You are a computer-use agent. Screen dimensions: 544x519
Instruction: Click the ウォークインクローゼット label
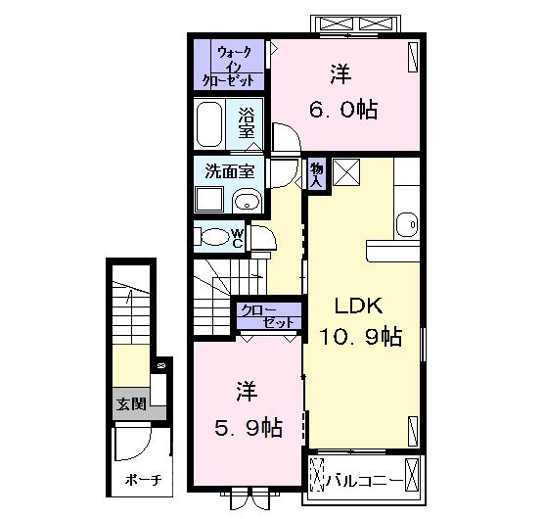228,67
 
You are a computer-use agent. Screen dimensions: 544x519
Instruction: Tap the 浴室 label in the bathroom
246,122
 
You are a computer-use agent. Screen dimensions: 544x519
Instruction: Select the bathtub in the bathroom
209,124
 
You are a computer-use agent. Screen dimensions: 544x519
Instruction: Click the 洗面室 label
230,171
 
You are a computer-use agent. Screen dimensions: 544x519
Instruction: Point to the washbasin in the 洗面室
247,201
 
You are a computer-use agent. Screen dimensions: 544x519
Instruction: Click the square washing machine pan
209,199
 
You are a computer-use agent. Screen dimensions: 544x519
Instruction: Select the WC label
237,238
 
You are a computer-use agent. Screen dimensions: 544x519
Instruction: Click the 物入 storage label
316,174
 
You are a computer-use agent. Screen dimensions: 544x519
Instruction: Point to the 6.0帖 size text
343,110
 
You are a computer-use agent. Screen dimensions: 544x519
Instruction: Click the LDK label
359,306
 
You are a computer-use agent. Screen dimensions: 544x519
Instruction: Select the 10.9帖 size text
361,336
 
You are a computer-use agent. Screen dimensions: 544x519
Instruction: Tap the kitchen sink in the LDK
407,224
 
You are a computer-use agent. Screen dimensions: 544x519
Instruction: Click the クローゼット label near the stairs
268,316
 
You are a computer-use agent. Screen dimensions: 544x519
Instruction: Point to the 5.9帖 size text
249,428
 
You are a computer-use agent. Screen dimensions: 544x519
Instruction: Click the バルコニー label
365,481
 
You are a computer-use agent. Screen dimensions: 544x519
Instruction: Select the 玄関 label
131,403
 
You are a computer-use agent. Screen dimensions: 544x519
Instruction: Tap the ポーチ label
143,480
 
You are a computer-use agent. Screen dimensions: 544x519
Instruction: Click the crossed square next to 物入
346,172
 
